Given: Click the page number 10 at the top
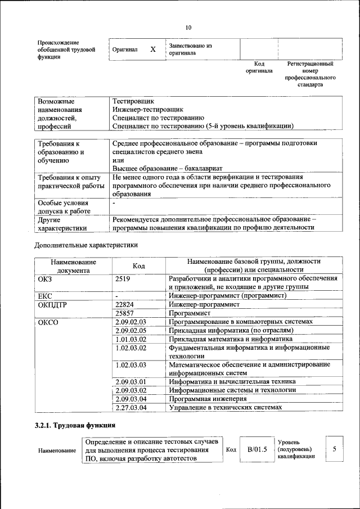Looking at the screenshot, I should [x=188, y=28].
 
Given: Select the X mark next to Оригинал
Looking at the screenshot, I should [x=152, y=49].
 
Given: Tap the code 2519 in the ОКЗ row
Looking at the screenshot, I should [x=123, y=279].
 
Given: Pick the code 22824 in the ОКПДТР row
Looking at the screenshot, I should [x=124, y=304].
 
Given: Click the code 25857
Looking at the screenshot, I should [x=124, y=313].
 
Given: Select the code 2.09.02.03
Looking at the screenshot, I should [x=130, y=322].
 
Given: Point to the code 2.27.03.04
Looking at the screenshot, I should [x=130, y=407].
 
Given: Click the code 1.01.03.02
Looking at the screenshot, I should [x=130, y=339].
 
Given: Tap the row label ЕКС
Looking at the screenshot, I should [x=45, y=296].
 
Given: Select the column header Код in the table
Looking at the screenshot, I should [x=139, y=266].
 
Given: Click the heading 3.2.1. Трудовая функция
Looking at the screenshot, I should [x=75, y=426].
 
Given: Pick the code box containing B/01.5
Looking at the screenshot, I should [x=256, y=449].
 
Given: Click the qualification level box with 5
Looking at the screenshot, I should [x=334, y=449].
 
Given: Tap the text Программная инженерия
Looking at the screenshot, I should [x=208, y=399].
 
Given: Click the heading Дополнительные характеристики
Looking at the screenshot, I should [x=86, y=245].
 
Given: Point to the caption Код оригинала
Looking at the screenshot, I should [x=259, y=67].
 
